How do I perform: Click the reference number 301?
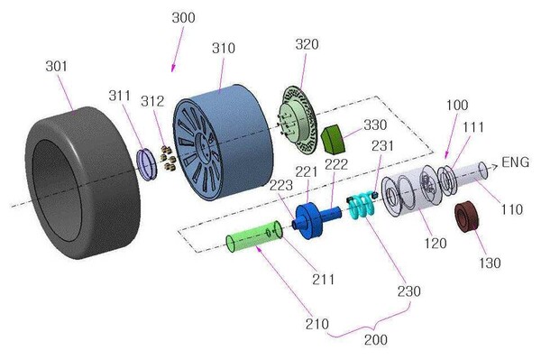[56, 66]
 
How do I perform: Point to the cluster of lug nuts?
[169, 159]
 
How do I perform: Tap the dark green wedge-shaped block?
[334, 139]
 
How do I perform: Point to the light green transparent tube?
[254, 235]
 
